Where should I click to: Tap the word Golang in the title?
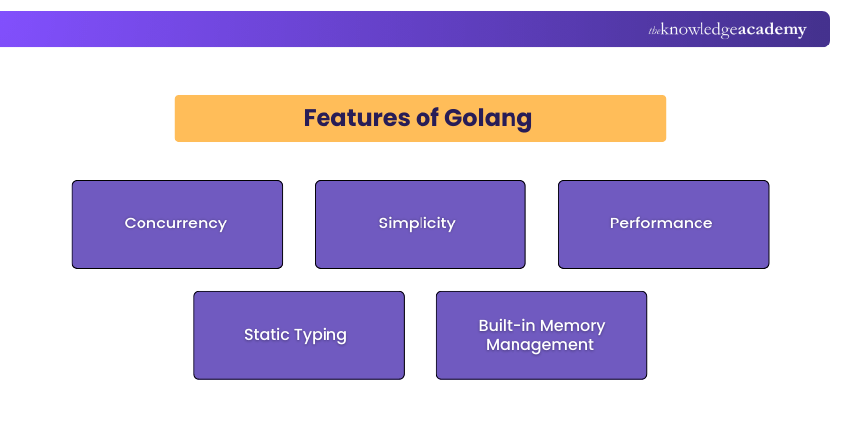pos(488,119)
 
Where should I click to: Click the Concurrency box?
pos(177,224)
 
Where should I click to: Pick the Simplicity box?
pos(420,224)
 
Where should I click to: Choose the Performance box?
pos(664,224)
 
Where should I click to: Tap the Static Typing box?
pos(299,335)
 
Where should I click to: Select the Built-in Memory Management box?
pos(542,335)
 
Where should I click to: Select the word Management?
pos(539,345)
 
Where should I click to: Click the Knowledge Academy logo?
pos(727,30)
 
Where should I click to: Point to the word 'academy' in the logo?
pos(773,30)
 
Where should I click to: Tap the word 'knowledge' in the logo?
pos(699,30)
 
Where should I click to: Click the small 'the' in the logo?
pos(654,31)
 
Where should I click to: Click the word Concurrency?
pos(175,223)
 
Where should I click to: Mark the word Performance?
pos(661,223)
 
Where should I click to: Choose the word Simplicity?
pos(417,223)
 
